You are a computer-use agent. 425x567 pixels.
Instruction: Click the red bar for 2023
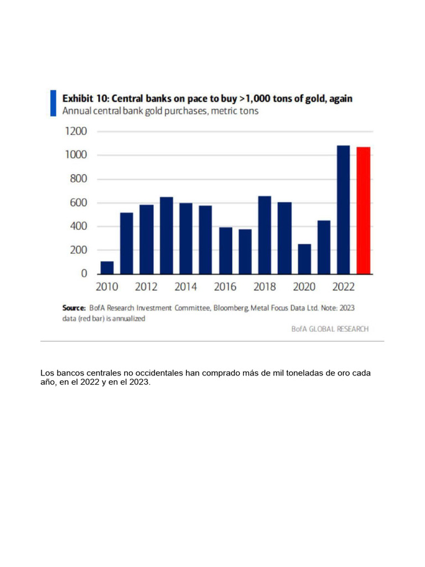tap(363, 210)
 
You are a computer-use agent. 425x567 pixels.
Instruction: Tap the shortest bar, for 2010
tap(107, 267)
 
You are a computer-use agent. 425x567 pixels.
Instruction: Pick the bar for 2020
tap(304, 259)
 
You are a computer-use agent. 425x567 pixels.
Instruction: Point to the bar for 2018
tap(265, 235)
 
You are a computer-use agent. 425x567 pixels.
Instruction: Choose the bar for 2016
tap(225, 250)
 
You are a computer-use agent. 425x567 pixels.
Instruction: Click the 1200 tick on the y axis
tap(76, 131)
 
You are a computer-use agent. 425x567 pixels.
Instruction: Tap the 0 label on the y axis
tap(84, 274)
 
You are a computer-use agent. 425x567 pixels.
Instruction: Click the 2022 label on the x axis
tap(344, 287)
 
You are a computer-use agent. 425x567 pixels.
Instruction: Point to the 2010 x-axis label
tap(107, 287)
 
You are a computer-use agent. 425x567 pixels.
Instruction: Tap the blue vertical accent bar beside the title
tap(53, 103)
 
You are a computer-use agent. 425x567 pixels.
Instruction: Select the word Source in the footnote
tap(73, 307)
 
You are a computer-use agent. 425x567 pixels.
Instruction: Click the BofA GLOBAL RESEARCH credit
tap(330, 329)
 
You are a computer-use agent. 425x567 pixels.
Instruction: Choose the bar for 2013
tap(166, 235)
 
